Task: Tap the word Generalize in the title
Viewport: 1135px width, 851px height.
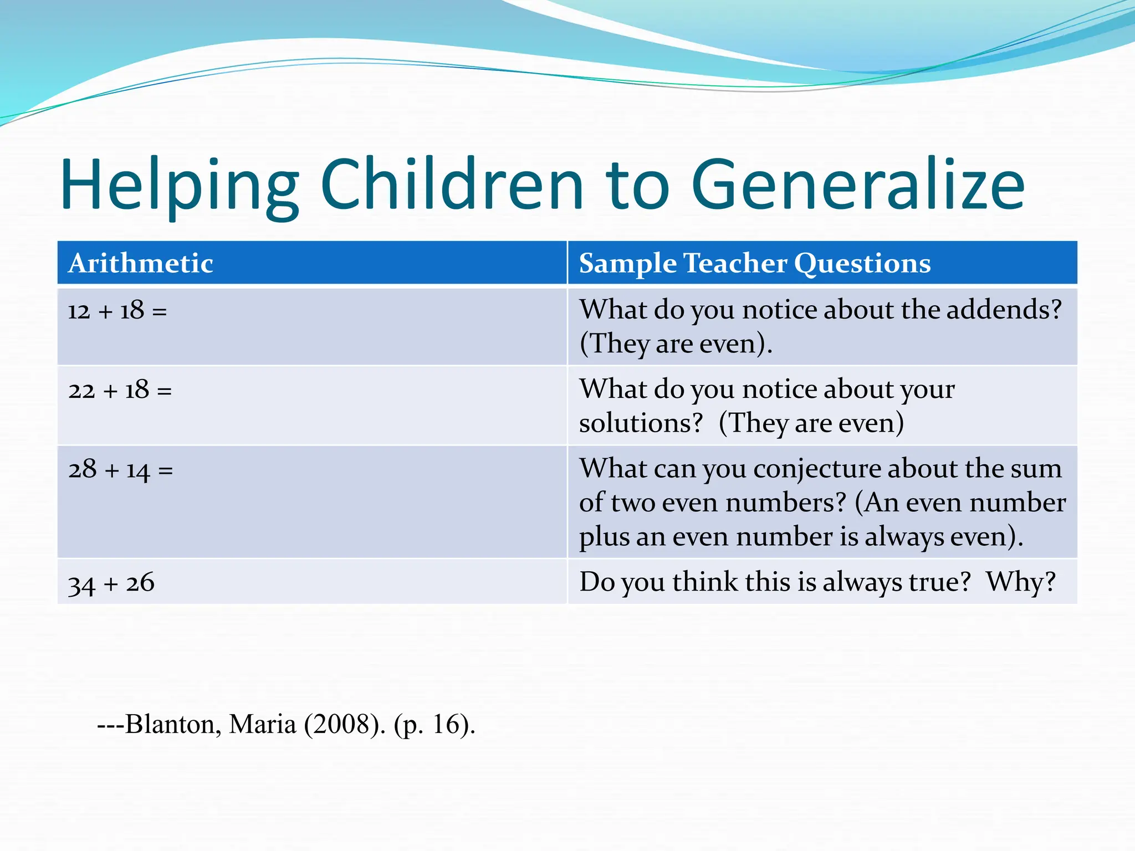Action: coord(857,186)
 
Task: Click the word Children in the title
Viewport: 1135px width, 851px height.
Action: coord(452,186)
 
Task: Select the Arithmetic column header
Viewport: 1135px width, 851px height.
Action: coord(141,263)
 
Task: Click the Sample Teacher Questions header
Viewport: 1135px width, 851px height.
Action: coord(754,263)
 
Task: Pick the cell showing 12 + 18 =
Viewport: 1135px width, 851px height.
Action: coord(117,311)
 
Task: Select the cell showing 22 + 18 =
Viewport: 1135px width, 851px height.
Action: coord(120,390)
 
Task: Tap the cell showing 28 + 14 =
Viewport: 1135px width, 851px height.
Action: coord(121,470)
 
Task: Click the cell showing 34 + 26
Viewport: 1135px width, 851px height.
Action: coord(111,583)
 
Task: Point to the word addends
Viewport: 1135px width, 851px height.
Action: coord(1003,310)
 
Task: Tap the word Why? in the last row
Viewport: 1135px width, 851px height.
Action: coord(1021,582)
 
